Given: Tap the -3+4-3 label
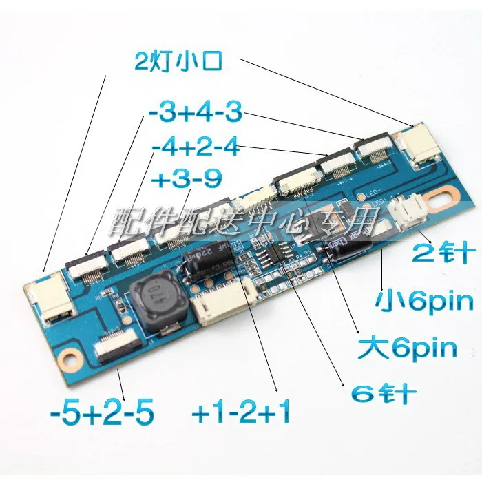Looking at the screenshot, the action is pyautogui.click(x=194, y=113).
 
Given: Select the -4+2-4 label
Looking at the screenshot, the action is pyautogui.click(x=195, y=147).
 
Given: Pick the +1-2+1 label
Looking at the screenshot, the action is pyautogui.click(x=241, y=415).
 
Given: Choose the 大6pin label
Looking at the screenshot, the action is pyautogui.click(x=408, y=348).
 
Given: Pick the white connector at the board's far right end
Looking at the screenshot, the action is pyautogui.click(x=421, y=147).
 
